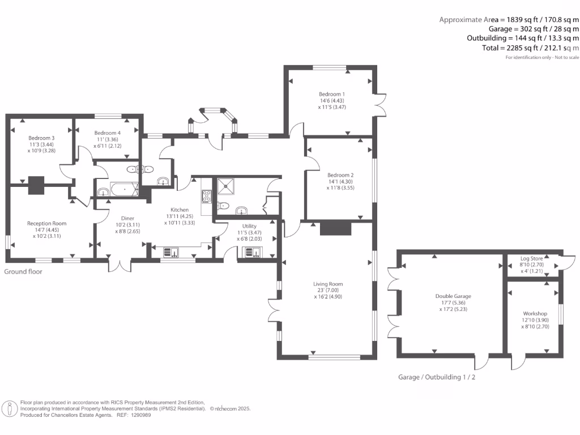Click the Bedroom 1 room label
(x=332, y=94)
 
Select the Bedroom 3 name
(x=41, y=138)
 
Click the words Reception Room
(x=47, y=223)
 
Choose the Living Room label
(x=328, y=284)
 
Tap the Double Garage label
(x=453, y=296)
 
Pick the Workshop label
(x=535, y=313)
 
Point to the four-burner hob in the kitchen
(x=207, y=197)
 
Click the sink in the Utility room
(x=251, y=253)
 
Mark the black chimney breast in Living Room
(x=335, y=228)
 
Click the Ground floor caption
(x=23, y=272)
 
